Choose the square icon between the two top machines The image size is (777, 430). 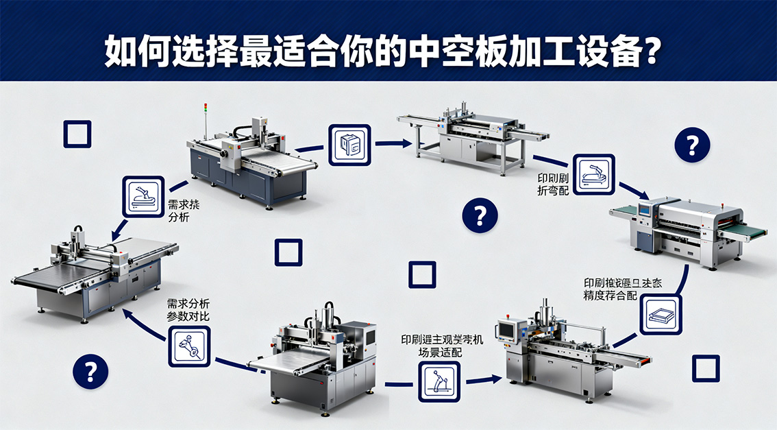[x=349, y=145]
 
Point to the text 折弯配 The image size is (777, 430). [x=554, y=191]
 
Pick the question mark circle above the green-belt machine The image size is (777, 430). [x=692, y=145]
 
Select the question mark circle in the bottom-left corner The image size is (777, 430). [x=90, y=372]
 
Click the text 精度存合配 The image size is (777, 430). [x=611, y=296]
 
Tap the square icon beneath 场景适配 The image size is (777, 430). [x=439, y=382]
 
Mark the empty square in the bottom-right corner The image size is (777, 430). [x=705, y=368]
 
